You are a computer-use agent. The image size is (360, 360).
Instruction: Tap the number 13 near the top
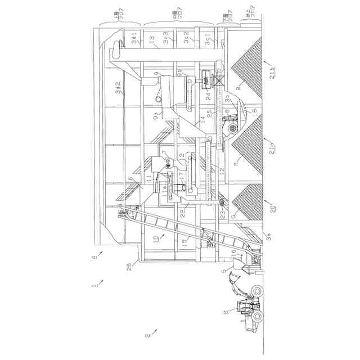[x=151, y=39]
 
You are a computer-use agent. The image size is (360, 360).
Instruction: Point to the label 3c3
[x=167, y=39]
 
